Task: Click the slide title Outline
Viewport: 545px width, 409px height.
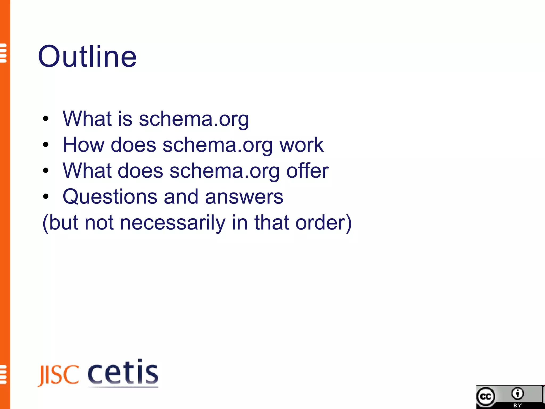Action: coord(87,56)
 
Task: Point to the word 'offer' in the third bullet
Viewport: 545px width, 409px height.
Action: coord(307,171)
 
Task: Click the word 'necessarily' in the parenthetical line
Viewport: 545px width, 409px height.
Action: coord(173,223)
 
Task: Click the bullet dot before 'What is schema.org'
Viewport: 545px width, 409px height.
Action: coord(46,119)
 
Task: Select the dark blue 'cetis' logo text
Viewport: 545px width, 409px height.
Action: coord(123,372)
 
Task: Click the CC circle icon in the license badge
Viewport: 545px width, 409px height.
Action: coord(486,397)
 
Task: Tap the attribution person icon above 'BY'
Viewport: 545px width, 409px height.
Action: coord(517,394)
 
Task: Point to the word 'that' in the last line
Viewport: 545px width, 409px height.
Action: coord(272,223)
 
